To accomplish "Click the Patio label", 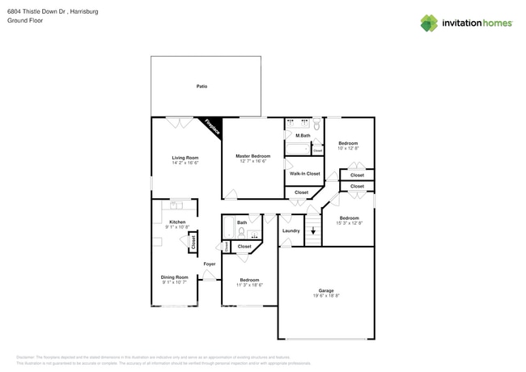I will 201,86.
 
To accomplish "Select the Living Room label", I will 185,158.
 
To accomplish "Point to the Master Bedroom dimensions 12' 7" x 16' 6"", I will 252,161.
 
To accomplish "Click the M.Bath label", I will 303,135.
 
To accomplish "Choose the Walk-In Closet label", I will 304,173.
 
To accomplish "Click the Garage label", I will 326,290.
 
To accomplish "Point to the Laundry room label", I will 291,230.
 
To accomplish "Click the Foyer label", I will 209,264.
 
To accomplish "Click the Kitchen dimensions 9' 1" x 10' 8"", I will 176,227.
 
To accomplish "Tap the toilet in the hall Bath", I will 241,232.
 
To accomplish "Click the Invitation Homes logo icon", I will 428,23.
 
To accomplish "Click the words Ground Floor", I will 25,21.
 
